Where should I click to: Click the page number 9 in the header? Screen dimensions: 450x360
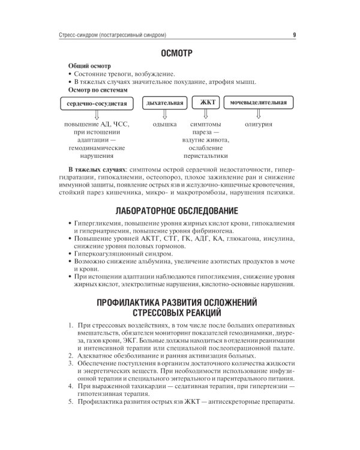pyautogui.click(x=294, y=34)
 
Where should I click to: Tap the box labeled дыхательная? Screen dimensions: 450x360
pyautogui.click(x=164, y=103)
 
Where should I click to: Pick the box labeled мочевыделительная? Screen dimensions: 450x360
pyautogui.click(x=259, y=103)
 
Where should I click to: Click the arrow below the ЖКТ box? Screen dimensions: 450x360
pyautogui.click(x=206, y=115)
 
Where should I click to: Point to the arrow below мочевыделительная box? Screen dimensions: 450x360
pyautogui.click(x=259, y=115)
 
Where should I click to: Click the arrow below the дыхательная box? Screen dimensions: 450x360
pyautogui.click(x=164, y=115)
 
